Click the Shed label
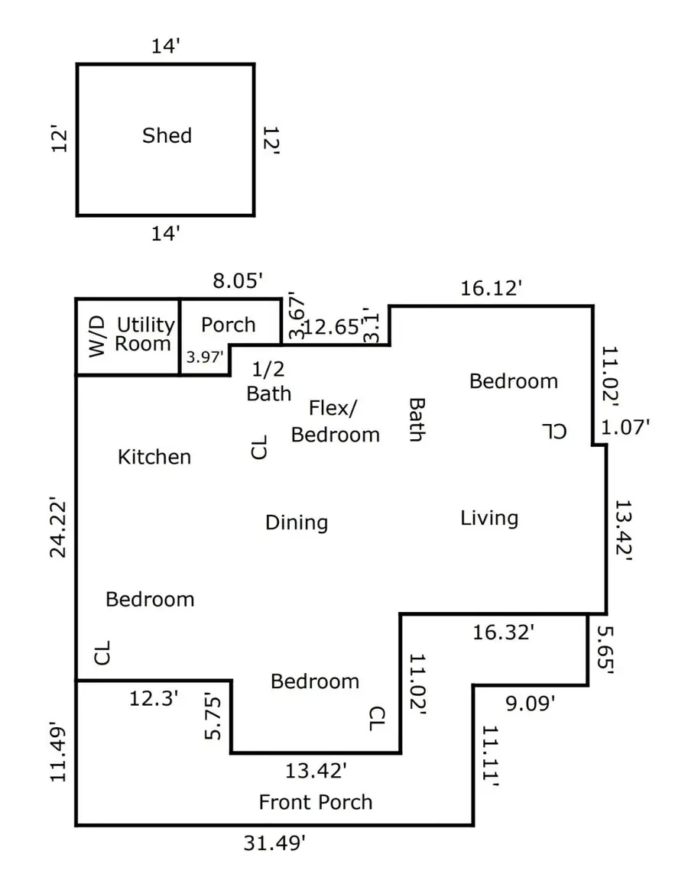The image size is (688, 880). click(167, 136)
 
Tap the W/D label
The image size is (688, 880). click(95, 337)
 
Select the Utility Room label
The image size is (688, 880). click(144, 335)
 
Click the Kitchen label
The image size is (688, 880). click(154, 457)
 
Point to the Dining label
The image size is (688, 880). click(297, 522)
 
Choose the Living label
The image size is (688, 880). click(489, 518)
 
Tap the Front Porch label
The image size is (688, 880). click(316, 802)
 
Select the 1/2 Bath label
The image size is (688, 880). click(268, 380)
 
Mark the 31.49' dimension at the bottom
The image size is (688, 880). click(275, 843)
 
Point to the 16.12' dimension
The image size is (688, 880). click(492, 288)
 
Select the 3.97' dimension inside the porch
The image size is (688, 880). click(205, 357)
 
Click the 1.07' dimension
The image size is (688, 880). click(625, 426)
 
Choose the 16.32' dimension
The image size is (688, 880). click(503, 632)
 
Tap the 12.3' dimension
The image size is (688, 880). click(154, 697)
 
